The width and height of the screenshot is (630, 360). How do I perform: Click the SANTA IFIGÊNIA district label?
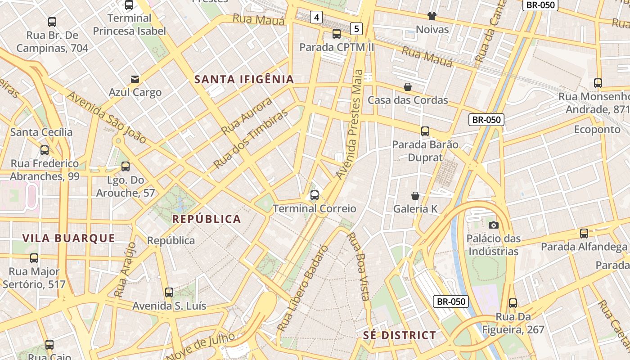tap(244, 80)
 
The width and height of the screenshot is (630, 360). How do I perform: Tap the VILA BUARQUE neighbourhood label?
tap(69, 238)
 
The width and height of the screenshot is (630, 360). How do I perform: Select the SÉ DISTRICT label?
tap(400, 335)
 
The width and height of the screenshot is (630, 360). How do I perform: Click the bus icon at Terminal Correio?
tap(315, 195)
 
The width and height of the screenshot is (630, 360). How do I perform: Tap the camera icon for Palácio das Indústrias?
tap(493, 225)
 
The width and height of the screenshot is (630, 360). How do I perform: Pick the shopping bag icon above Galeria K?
tap(415, 196)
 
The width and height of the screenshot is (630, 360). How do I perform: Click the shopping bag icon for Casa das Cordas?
tap(408, 87)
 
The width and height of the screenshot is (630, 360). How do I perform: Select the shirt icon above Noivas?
tap(432, 17)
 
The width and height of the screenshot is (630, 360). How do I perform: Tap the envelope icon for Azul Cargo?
tap(135, 79)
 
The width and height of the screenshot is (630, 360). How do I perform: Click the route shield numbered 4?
tap(317, 18)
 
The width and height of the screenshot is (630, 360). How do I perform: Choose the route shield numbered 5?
tap(356, 29)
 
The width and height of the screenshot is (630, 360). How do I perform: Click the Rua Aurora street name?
tap(247, 116)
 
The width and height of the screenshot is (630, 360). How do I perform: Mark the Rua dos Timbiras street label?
tap(250, 138)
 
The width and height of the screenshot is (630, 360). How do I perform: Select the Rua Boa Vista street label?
tap(358, 266)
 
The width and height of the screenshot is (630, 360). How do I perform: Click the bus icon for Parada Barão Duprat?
tap(425, 131)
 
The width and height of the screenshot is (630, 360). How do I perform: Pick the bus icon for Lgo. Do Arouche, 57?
tap(126, 166)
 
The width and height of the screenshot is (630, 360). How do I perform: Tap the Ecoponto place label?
tap(597, 130)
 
